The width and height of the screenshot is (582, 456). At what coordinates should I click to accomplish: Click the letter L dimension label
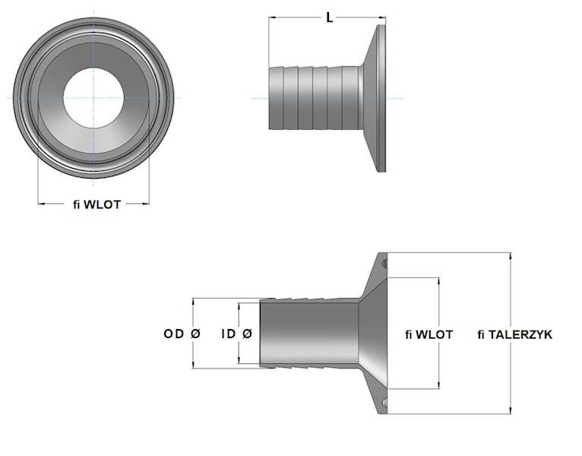pos(329,17)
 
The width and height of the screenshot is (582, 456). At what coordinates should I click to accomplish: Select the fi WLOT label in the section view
pos(429,334)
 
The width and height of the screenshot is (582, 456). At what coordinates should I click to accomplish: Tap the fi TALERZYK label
pos(515,334)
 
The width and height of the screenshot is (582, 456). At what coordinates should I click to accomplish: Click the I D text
pos(226,334)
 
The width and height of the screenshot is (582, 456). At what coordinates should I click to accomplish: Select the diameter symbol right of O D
pos(195,334)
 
